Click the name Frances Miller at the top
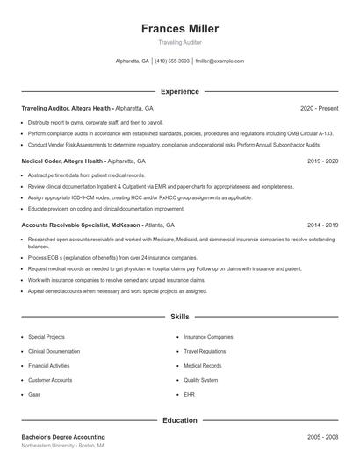(180, 28)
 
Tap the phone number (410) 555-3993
(171, 61)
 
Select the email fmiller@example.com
(220, 61)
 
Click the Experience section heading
(180, 91)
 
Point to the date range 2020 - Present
(320, 108)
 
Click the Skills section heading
(180, 316)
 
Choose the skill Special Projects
(47, 337)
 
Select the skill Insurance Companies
(208, 337)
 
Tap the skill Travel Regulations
(205, 351)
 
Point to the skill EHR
(190, 395)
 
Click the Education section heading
(180, 420)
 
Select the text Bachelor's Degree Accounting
(63, 437)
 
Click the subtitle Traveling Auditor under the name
(180, 42)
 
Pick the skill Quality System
(201, 380)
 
